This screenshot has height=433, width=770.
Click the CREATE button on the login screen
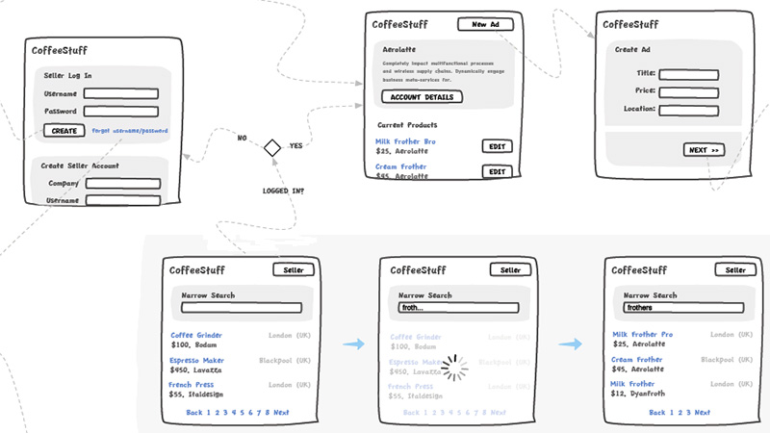pos(64,130)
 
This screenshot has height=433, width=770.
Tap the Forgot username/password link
pos(130,131)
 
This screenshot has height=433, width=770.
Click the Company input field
pos(123,183)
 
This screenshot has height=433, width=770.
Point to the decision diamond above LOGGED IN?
pos(272,147)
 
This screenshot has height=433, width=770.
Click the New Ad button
pos(485,24)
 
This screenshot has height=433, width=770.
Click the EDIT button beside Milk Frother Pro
pos(497,146)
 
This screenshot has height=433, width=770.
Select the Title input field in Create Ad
pos(689,73)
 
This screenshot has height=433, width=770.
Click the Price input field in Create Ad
pos(689,91)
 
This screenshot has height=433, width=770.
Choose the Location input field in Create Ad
pos(689,110)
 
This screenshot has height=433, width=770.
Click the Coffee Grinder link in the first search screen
pos(196,335)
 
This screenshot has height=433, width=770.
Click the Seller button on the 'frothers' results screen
pos(734,270)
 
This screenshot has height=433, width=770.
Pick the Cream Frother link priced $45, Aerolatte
pos(636,359)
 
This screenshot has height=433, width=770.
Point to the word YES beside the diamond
pos(296,145)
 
